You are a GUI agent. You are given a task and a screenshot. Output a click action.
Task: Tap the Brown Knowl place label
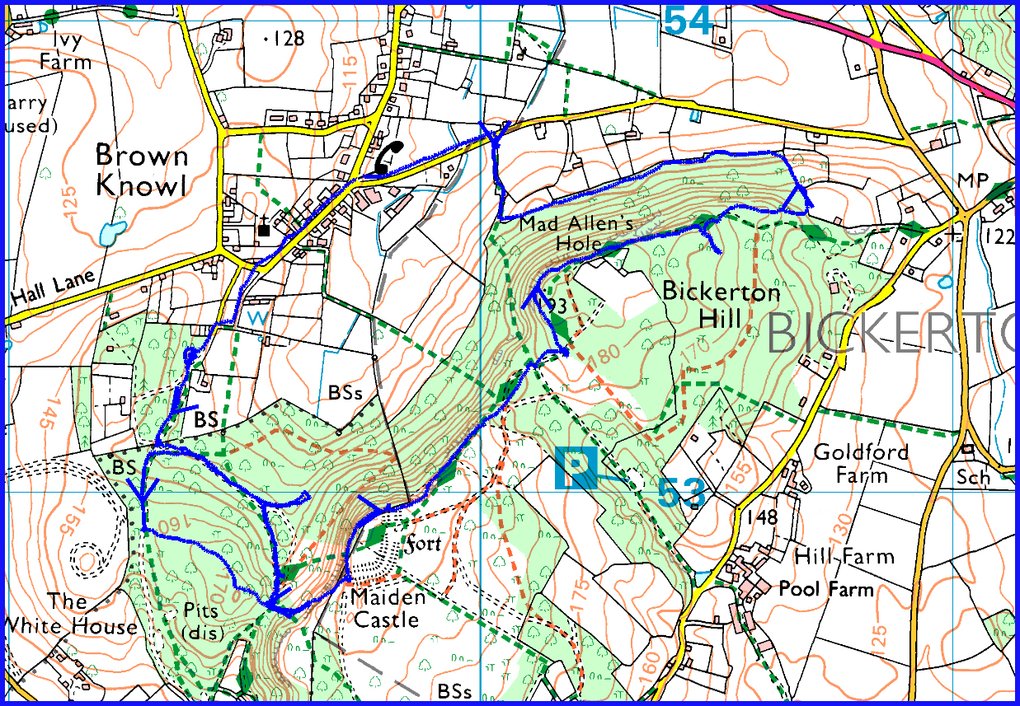(141, 170)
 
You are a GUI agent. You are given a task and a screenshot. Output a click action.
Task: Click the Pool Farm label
(827, 589)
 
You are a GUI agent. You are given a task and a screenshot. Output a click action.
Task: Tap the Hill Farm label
(844, 557)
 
